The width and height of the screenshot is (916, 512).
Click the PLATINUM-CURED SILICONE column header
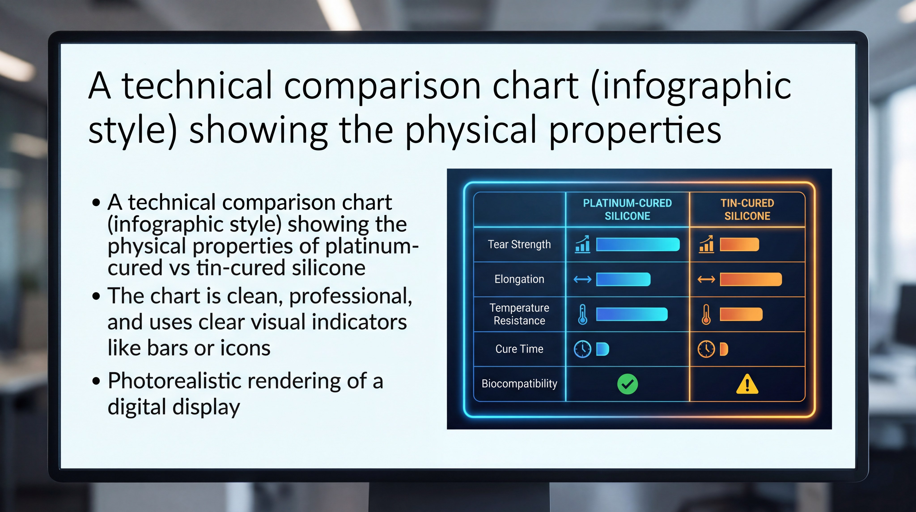point(627,209)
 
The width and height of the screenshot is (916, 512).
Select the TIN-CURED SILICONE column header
point(747,209)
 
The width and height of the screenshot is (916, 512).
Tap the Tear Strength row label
point(519,244)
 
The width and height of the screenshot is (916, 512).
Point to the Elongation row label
point(519,279)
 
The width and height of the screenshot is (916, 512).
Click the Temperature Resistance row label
point(519,314)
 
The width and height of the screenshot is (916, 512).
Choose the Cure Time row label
point(519,349)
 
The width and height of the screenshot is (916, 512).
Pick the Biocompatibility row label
point(519,383)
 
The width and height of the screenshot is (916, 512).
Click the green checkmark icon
point(628,384)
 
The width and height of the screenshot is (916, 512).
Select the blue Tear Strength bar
point(638,245)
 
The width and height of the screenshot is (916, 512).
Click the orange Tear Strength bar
point(739,245)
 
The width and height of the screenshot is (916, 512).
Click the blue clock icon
point(583,349)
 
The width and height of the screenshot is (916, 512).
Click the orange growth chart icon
point(706,244)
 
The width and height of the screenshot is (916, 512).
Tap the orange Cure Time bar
point(724,349)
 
